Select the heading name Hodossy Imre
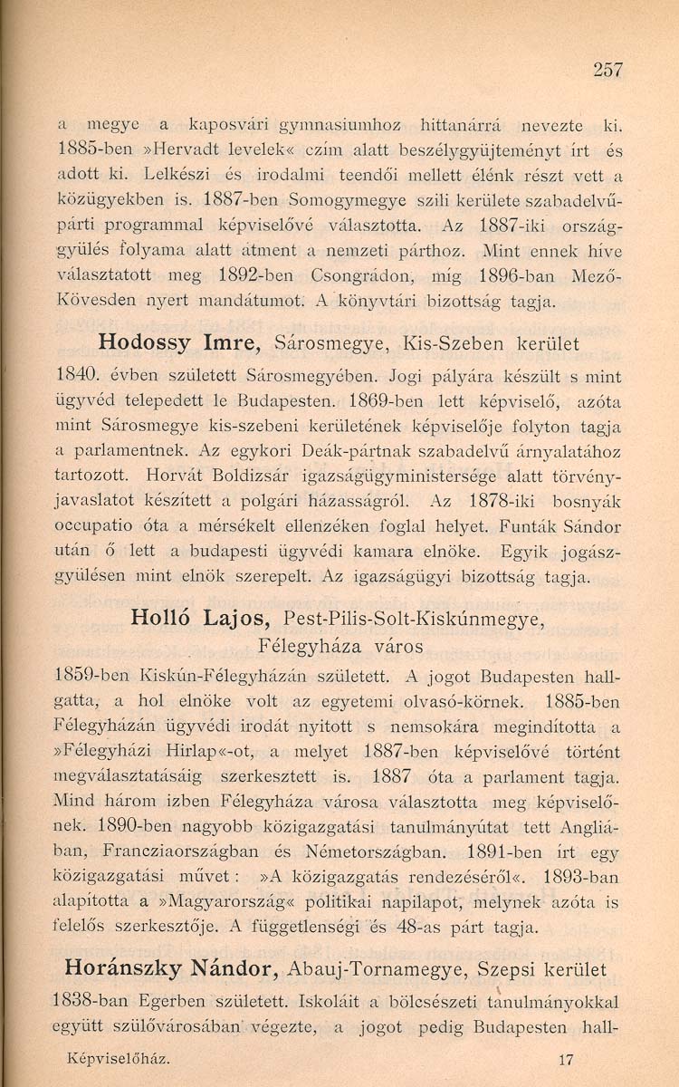click(x=172, y=344)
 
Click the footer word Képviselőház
click(x=118, y=1058)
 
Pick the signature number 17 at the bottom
click(x=568, y=1058)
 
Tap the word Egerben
click(x=162, y=1002)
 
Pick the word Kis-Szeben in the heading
click(x=449, y=344)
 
